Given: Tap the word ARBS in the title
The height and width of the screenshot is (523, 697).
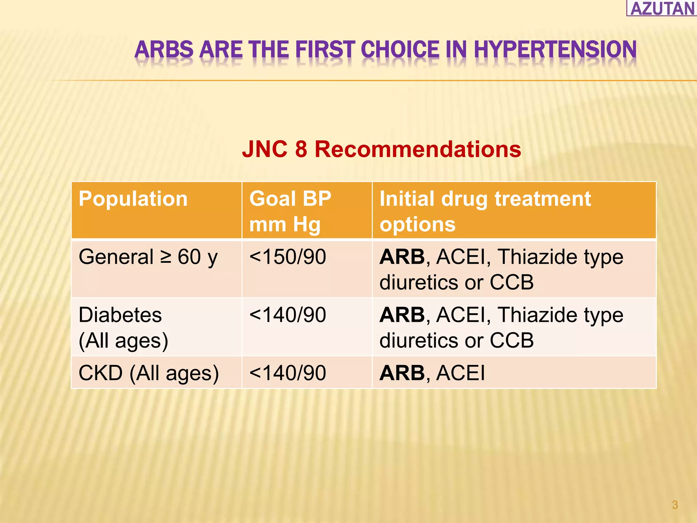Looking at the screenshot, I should click(x=164, y=50).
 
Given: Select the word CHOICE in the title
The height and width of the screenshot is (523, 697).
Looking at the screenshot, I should click(x=400, y=50).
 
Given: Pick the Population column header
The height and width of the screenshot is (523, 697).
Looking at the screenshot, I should click(x=133, y=199).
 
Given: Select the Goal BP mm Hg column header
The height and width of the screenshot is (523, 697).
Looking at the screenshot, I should click(x=290, y=211).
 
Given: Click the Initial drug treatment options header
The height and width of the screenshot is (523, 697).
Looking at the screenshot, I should click(x=485, y=211).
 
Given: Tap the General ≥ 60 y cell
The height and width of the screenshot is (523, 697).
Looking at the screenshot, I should click(x=148, y=257).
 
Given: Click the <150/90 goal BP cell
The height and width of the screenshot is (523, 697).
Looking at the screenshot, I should click(x=288, y=257).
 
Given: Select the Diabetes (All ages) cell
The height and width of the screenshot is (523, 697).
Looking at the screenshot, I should click(x=123, y=328).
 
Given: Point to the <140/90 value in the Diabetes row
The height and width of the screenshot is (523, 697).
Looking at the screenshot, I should click(x=288, y=315).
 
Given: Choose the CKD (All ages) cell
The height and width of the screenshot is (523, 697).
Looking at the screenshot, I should click(x=149, y=373).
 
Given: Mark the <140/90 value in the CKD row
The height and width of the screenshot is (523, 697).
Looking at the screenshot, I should click(x=288, y=373).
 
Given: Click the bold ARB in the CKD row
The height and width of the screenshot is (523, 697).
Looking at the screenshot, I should click(x=402, y=373).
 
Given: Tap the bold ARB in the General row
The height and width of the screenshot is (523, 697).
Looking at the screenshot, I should click(x=402, y=257).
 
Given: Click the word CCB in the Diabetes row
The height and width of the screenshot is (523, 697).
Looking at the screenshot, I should click(x=512, y=340).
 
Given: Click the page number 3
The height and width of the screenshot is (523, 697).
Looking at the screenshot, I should click(x=675, y=505).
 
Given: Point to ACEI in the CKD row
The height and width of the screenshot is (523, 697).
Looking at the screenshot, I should click(x=460, y=373).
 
